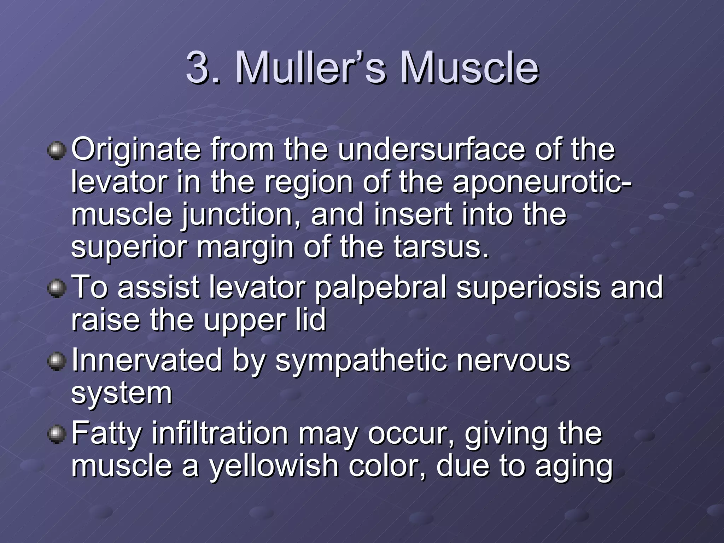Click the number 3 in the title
click(198, 67)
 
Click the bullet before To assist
click(57, 289)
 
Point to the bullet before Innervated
click(57, 362)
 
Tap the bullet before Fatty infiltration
click(57, 434)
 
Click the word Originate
click(136, 150)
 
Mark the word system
click(122, 393)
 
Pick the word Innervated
click(147, 360)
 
